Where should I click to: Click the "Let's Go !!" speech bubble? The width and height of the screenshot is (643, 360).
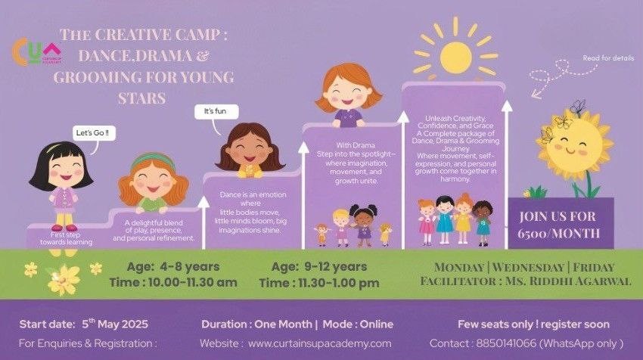click(94, 133)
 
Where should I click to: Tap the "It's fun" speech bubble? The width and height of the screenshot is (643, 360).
click(216, 111)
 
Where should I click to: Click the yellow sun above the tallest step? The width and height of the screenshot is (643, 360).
click(455, 57)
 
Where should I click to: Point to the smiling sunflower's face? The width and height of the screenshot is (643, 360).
click(571, 144)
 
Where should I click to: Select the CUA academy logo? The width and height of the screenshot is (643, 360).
click(37, 51)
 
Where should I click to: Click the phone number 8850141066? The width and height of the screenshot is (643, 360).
click(506, 343)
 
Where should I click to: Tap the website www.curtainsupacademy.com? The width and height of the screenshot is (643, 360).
click(319, 343)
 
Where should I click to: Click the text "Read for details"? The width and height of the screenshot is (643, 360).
click(608, 58)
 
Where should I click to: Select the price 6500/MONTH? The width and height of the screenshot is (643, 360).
click(558, 233)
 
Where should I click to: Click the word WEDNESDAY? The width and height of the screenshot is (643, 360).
click(528, 267)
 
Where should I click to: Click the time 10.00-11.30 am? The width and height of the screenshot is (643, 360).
click(193, 283)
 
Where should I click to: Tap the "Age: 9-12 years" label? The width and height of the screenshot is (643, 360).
click(319, 266)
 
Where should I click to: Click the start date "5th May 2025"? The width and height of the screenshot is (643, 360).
click(115, 324)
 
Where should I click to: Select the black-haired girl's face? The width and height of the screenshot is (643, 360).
click(64, 169)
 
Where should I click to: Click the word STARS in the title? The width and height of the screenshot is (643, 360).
click(142, 98)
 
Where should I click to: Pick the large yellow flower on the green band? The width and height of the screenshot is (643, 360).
click(64, 280)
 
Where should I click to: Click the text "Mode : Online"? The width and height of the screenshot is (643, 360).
click(358, 324)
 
